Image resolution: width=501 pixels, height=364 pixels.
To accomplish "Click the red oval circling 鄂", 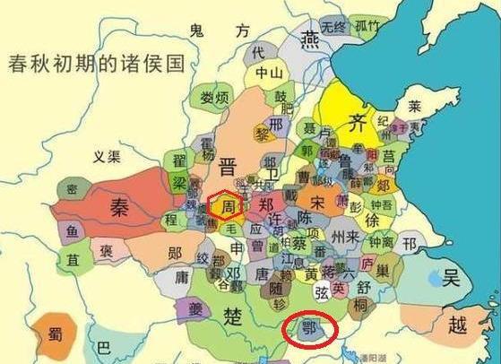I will pos(308,328).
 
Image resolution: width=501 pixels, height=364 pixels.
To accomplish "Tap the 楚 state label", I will pos(233,316).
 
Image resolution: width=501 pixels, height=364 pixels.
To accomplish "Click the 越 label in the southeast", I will pos(457,324).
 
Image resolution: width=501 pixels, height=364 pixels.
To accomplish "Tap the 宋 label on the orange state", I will pos(316,202).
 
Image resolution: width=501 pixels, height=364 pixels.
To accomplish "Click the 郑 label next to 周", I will pos(265,204).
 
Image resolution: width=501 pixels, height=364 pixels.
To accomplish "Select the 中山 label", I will pos(268,73).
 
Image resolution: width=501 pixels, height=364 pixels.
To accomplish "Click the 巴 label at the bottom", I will pos(104,347).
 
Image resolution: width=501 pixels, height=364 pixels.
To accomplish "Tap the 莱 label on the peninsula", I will pos(414,105).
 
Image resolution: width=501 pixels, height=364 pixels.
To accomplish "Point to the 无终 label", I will pos(333,26).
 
